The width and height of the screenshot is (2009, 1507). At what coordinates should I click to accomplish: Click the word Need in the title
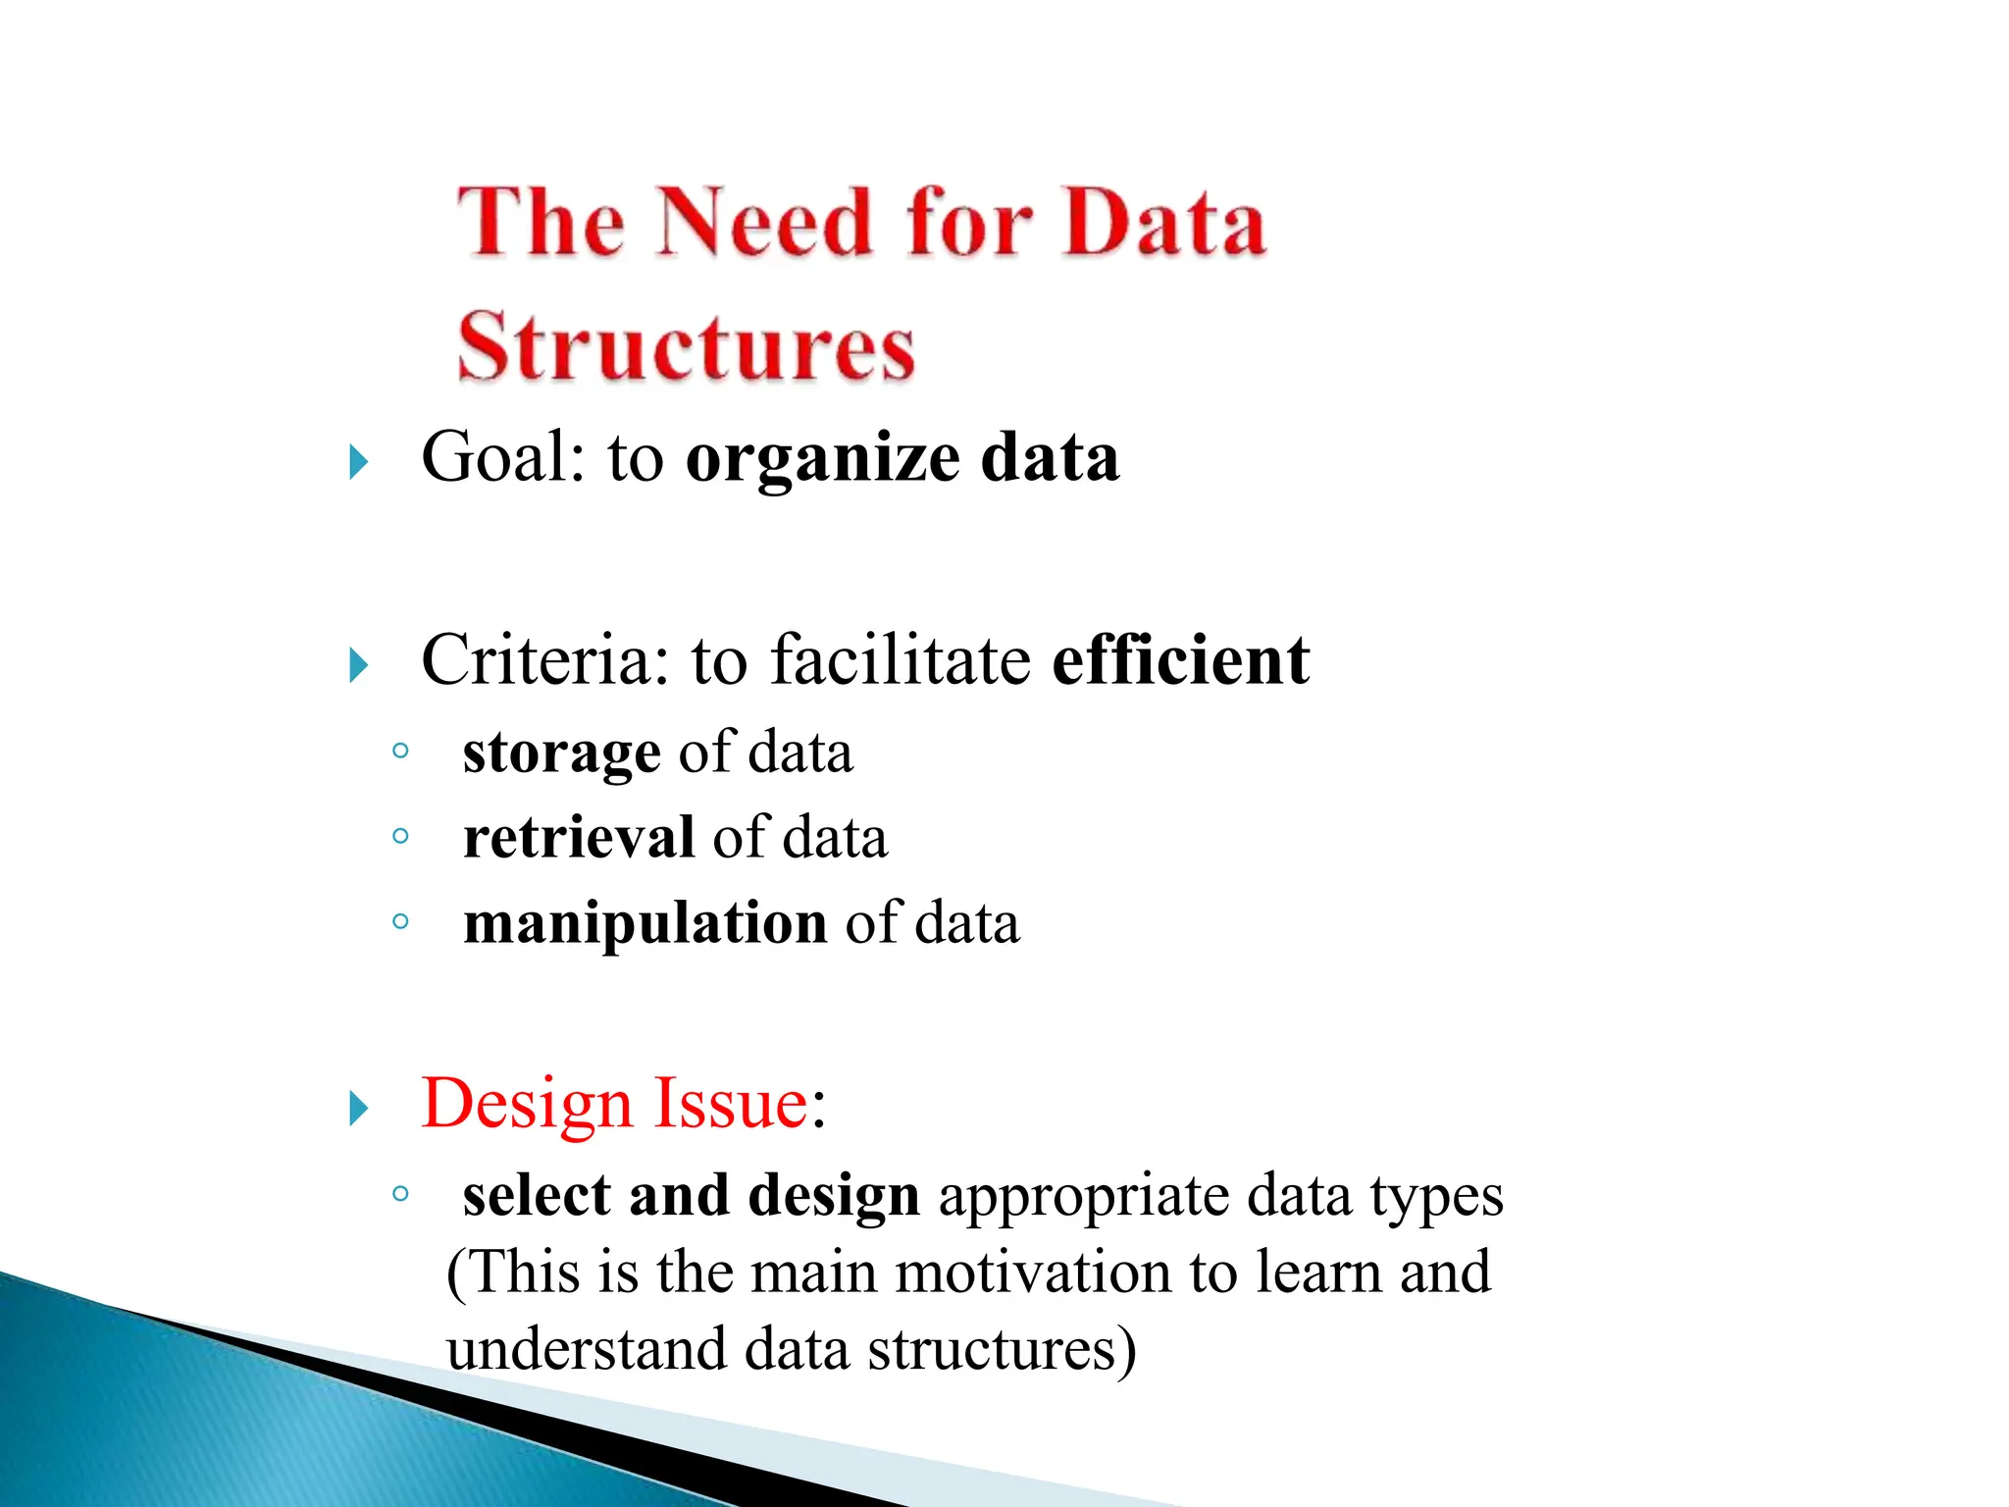click(764, 223)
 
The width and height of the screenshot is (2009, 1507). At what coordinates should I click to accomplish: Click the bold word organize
click(822, 459)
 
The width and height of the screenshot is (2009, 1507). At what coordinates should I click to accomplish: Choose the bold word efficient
click(1180, 659)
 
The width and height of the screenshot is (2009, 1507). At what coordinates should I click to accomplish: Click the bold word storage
click(561, 753)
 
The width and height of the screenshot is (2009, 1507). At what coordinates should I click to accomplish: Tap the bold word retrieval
click(579, 838)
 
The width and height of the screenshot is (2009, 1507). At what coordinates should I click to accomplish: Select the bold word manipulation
click(644, 923)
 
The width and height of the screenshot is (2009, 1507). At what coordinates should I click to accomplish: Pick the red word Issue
click(731, 1105)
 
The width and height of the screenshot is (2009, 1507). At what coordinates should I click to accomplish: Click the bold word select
click(537, 1195)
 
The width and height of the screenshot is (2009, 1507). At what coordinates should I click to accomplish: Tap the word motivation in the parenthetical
click(1034, 1272)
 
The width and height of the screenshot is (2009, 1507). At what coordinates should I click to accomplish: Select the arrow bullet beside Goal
click(359, 461)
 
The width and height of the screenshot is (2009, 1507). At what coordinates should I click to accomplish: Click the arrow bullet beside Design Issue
click(359, 1109)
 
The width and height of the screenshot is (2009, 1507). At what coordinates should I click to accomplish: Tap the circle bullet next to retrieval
click(399, 837)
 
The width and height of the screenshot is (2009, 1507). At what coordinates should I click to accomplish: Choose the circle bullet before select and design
click(399, 1194)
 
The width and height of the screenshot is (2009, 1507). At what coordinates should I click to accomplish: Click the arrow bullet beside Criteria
click(359, 665)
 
